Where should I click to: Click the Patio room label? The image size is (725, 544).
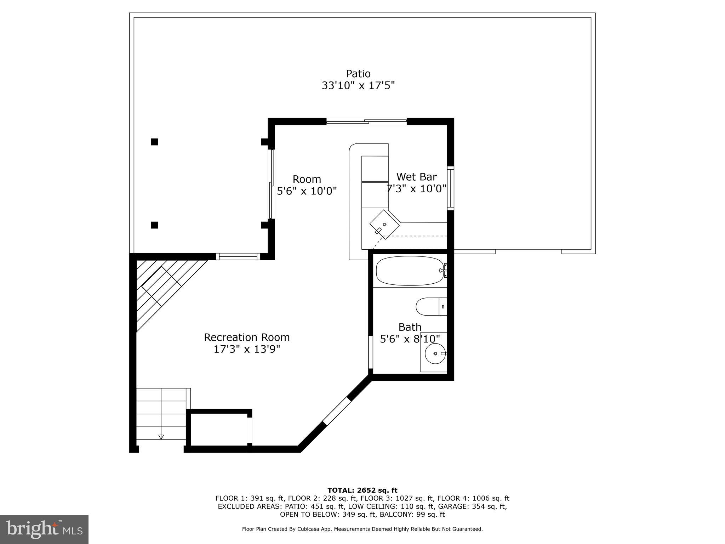(358, 74)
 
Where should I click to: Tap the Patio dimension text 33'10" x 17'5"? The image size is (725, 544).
(358, 86)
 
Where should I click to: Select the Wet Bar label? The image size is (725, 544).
(416, 177)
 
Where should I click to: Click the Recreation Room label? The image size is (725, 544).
(247, 337)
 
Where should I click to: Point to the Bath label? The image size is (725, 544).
(410, 327)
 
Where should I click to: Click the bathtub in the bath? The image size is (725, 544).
(409, 271)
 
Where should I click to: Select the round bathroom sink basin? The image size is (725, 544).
(435, 353)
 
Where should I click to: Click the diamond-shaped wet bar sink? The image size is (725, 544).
(384, 225)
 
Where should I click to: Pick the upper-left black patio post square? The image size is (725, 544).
(154, 142)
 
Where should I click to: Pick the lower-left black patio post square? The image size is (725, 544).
(154, 225)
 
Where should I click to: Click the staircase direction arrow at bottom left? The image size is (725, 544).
(161, 437)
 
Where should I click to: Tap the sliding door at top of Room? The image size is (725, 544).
(366, 121)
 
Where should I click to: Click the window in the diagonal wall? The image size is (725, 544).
(336, 411)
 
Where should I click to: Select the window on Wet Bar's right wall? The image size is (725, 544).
(450, 188)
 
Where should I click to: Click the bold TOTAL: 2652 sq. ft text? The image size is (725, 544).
(362, 490)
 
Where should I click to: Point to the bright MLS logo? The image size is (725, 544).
(44, 529)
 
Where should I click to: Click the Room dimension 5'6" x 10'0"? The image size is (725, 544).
(307, 191)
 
